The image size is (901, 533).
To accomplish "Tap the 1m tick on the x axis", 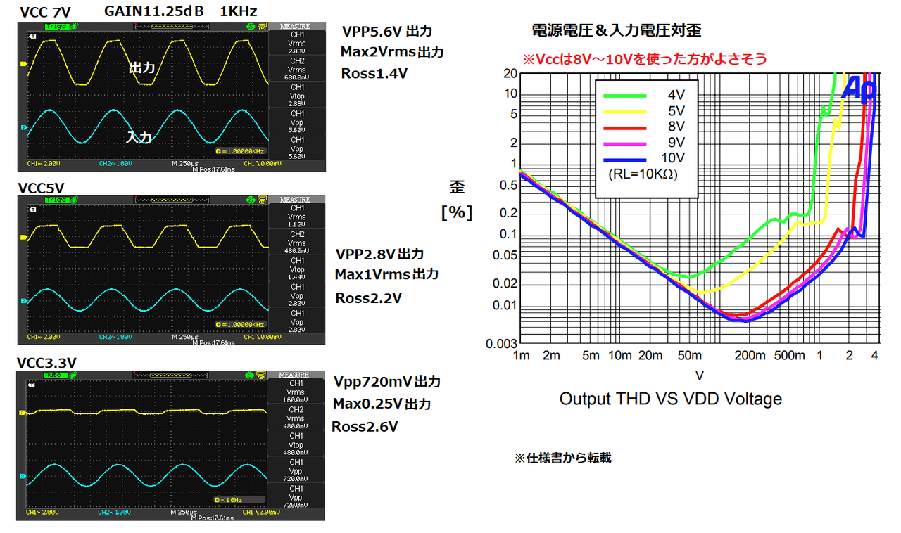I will pos(521,356).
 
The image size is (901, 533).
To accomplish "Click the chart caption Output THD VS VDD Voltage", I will pos(670,399).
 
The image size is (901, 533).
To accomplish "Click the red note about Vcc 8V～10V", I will pos(644,59).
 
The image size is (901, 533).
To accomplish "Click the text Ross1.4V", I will pos(374,73).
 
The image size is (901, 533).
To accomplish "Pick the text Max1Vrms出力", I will pos(386,274).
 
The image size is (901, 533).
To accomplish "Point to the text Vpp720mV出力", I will pos(387,382).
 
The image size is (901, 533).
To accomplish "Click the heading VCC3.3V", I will pos(46,363).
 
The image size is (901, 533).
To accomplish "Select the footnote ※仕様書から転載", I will pos(562,458).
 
